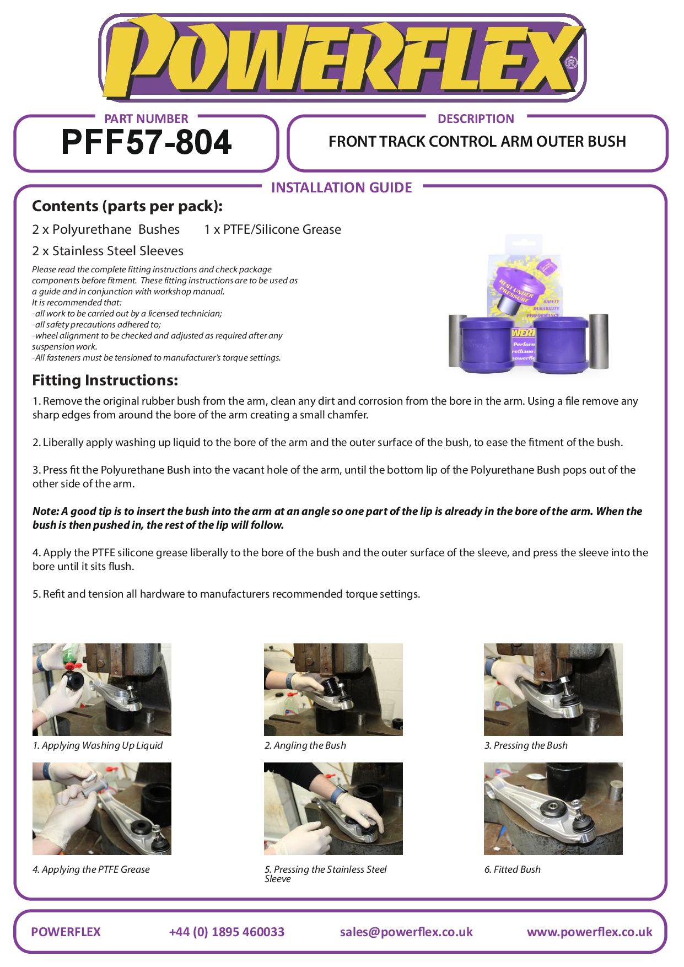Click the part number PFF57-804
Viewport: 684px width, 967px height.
[146, 142]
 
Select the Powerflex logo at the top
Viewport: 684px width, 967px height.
[342, 57]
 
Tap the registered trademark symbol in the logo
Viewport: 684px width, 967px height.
[571, 62]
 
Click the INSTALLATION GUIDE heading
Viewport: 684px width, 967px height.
[342, 187]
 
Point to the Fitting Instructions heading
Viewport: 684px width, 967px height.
[105, 380]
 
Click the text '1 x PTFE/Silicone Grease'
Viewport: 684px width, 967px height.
[272, 229]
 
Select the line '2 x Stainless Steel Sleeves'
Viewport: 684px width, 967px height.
[107, 251]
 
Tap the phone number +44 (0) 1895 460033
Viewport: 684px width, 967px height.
[227, 932]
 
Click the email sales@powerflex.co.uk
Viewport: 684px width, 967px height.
[406, 932]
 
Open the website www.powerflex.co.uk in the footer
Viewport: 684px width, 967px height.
[590, 932]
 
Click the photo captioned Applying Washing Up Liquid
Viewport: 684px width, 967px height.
[102, 689]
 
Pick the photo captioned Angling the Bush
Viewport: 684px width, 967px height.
[333, 689]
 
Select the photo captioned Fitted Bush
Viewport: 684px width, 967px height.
[553, 809]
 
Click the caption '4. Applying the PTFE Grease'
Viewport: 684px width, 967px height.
[91, 869]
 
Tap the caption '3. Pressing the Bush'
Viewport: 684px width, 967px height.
[526, 745]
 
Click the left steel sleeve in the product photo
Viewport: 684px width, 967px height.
[458, 340]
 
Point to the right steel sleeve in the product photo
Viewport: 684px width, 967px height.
[599, 341]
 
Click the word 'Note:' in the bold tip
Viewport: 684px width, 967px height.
[46, 511]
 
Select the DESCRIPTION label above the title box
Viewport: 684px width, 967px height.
[476, 119]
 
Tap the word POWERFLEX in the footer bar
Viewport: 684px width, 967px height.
[66, 932]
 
